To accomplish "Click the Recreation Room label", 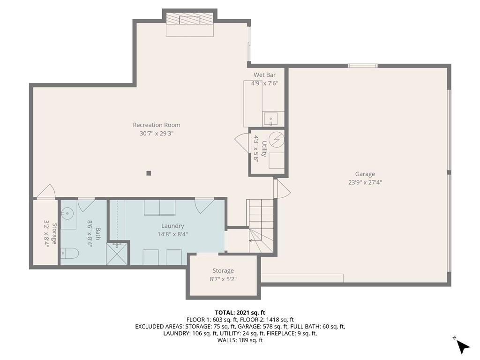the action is coord(157,125).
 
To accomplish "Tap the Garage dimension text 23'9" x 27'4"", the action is coord(365,183).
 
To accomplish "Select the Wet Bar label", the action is coord(264,75).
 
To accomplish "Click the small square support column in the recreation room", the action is coord(149,173).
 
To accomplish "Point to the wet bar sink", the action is coord(270,119).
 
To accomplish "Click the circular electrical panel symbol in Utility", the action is coord(277,140).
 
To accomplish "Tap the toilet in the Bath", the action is coord(69,253).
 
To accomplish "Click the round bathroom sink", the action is coord(67,212).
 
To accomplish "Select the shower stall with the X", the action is coord(117,254).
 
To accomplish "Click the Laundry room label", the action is coord(172,226).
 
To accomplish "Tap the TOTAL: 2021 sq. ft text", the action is coord(240,313).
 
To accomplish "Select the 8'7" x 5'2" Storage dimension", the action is coord(223,279).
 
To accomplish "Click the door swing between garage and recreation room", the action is coord(282,188).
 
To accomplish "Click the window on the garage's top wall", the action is coord(363,66).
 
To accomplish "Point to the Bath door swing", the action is coord(86,204).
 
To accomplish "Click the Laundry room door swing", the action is coord(204,205).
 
